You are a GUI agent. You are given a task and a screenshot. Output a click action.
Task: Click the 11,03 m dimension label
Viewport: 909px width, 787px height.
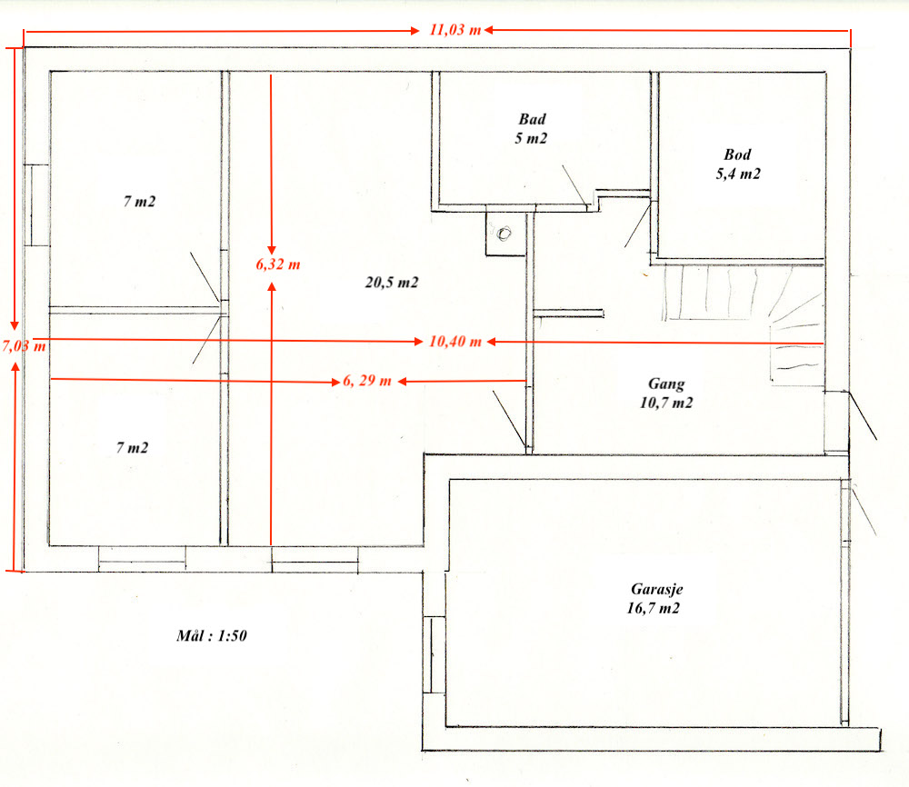[455, 30]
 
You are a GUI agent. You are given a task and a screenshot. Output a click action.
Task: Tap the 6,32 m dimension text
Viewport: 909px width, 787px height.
[278, 264]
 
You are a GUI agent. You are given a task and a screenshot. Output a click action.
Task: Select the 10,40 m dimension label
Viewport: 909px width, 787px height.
[455, 342]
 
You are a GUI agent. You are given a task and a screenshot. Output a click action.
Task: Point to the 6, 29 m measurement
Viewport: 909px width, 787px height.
[367, 381]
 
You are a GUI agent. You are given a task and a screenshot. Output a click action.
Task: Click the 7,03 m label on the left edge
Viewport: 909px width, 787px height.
[24, 346]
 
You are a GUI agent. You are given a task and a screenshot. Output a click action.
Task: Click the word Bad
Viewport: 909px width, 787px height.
[532, 119]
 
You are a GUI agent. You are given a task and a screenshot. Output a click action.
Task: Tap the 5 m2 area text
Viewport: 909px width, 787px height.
[531, 138]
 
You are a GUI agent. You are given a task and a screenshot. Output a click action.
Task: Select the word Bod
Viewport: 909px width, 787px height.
[737, 154]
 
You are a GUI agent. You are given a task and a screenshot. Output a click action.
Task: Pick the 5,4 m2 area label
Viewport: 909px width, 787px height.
[738, 174]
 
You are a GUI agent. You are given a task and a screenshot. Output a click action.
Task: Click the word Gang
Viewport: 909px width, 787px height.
[666, 384]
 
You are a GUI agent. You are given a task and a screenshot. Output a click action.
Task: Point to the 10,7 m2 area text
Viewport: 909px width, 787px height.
[666, 403]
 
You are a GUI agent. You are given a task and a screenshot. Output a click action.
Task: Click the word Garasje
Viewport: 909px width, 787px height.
[657, 590]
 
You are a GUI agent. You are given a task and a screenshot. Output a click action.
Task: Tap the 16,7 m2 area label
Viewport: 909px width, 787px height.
[653, 609]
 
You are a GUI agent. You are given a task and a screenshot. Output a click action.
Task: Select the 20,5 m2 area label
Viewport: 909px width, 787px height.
[391, 283]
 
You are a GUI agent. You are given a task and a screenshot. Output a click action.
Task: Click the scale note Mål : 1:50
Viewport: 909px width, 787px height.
[212, 636]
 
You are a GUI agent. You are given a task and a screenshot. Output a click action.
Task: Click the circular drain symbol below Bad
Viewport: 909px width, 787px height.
[504, 234]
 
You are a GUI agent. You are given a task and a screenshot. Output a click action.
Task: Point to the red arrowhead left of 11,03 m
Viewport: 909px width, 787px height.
[415, 31]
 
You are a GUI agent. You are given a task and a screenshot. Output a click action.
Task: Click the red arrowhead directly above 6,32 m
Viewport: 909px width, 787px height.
[271, 249]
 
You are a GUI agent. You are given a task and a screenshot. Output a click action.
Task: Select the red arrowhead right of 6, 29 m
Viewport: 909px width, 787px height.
[402, 382]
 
